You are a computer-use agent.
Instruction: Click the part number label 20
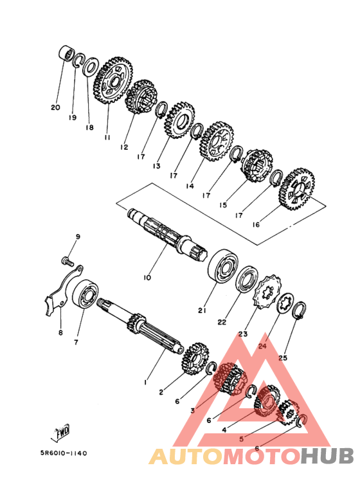55,108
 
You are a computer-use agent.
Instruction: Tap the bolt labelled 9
67,262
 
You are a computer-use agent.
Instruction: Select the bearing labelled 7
85,294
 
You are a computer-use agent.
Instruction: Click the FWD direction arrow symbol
60,432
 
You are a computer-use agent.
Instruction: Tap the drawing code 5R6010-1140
64,453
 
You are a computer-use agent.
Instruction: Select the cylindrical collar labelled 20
67,52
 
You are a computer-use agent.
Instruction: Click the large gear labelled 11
113,80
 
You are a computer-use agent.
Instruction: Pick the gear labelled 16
296,189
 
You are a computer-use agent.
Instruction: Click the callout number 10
147,278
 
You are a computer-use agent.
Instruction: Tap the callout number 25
283,358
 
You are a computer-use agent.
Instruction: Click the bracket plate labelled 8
64,290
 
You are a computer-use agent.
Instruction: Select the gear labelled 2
195,359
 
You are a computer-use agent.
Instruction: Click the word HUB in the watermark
327,456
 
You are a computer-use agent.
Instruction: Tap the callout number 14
190,186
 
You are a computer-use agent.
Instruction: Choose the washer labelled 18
91,67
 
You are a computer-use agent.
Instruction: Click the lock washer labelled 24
285,303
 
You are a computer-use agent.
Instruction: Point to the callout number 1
145,383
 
